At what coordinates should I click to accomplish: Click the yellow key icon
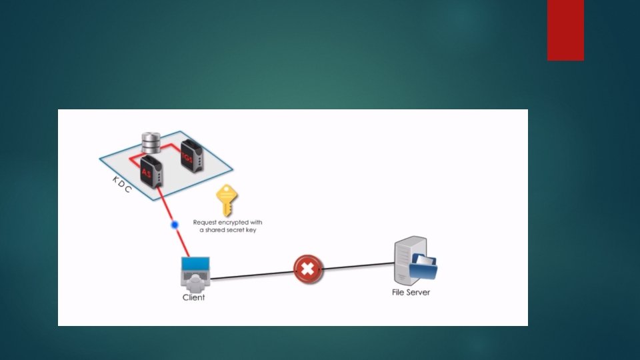click(x=227, y=201)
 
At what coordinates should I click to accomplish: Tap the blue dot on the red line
click(x=175, y=225)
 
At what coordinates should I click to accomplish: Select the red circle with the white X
click(x=307, y=270)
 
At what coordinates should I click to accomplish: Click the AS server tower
click(x=151, y=169)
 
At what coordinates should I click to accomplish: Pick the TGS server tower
click(x=190, y=154)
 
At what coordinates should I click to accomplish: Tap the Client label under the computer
click(x=193, y=297)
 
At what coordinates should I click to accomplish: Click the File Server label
click(x=411, y=292)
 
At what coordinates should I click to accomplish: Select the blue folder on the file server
click(x=424, y=267)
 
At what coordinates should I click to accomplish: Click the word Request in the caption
click(x=206, y=222)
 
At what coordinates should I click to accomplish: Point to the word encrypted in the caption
click(x=234, y=222)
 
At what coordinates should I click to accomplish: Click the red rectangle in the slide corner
click(x=565, y=30)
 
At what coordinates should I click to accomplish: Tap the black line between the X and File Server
click(x=357, y=267)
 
